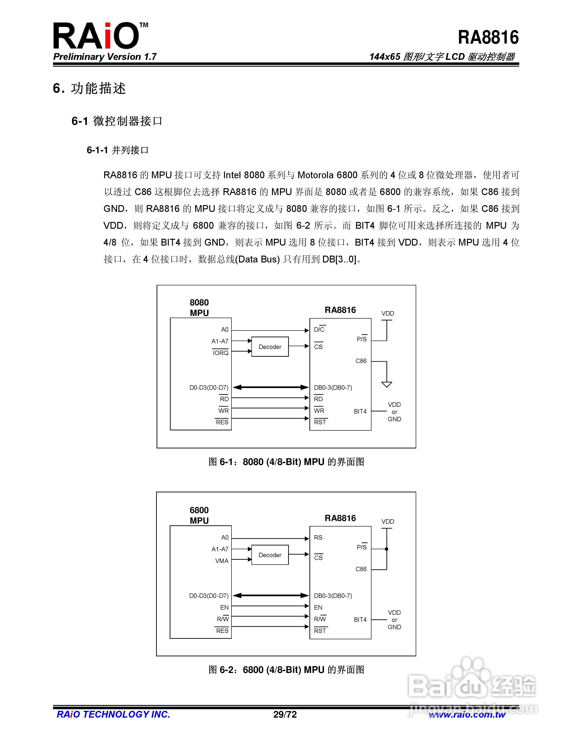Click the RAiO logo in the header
point(100,36)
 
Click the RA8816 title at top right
point(488,37)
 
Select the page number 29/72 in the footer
point(285,715)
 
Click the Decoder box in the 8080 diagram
point(270,347)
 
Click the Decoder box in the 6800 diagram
point(270,555)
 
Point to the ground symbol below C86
point(387,384)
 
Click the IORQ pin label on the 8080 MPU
point(221,353)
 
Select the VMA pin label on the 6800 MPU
point(222,561)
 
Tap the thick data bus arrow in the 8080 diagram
point(271,387)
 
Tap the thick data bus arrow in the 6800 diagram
point(271,596)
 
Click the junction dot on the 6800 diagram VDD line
point(387,549)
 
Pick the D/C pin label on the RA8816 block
point(319,329)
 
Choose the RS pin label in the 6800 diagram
point(318,538)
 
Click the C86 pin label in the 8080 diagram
point(361,361)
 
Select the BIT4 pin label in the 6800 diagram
point(360,620)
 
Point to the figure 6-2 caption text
point(286,670)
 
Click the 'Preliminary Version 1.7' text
point(105,57)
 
